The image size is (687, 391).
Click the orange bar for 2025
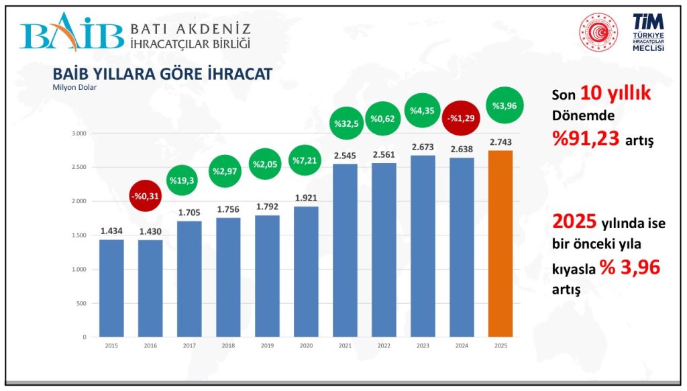click(500, 243)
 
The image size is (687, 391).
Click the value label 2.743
click(500, 142)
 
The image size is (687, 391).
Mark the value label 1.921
click(306, 198)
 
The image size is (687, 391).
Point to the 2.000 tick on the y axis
click(79, 201)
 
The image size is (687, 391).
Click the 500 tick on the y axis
click(81, 303)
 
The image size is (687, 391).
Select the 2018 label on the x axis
click(228, 345)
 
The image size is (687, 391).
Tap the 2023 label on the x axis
click(423, 345)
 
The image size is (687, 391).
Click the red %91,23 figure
click(585, 137)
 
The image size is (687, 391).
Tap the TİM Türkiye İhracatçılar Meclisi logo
click(648, 34)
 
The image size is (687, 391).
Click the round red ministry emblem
click(597, 32)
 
